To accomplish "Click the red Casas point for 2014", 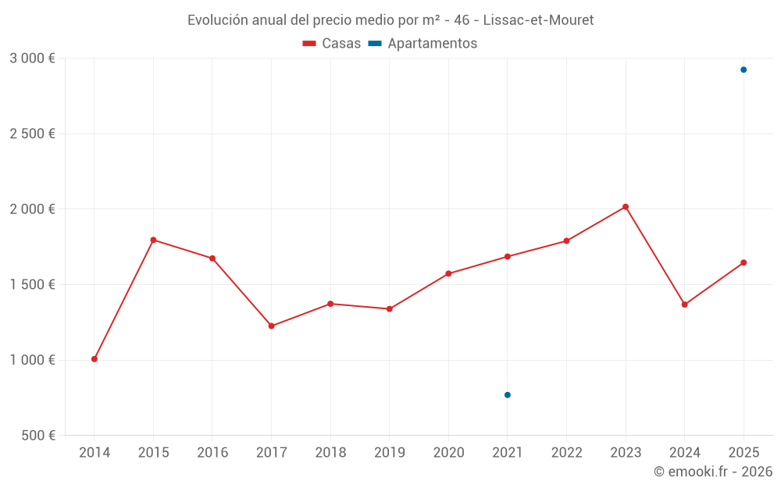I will (x=95, y=359).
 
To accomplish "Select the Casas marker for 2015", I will (x=153, y=240).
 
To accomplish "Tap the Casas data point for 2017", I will (x=272, y=326).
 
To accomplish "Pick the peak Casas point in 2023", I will (x=626, y=207).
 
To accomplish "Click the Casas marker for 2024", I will (x=685, y=305).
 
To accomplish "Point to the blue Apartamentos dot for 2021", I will (x=508, y=395).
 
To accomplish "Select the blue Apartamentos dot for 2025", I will (x=744, y=69).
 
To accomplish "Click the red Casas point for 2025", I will (x=744, y=262).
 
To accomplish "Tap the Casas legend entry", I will (x=332, y=44).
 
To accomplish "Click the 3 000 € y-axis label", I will (x=32, y=58).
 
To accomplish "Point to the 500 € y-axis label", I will (x=37, y=435).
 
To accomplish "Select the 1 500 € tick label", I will (x=32, y=284).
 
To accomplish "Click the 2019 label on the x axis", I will (x=390, y=452).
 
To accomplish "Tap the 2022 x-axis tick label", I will (x=567, y=452).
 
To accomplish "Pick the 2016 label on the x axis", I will (x=212, y=452).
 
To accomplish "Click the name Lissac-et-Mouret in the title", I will (x=538, y=20).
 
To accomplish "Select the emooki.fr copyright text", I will (x=713, y=472).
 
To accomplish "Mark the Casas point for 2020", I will (x=448, y=273).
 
